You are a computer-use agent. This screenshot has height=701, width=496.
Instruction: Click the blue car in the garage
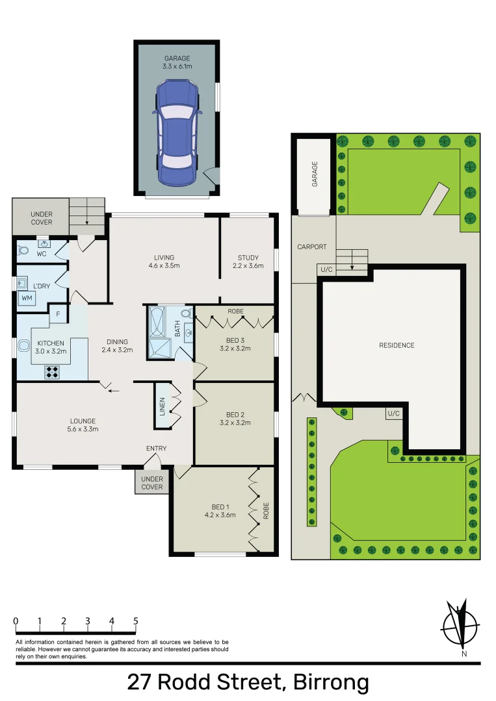(x=177, y=132)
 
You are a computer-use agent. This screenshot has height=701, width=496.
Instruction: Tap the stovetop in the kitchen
(x=53, y=372)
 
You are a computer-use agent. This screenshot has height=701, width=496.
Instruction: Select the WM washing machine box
(x=27, y=298)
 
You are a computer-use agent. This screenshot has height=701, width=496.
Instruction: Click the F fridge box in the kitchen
(x=58, y=314)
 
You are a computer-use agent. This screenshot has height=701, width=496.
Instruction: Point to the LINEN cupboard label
(x=163, y=406)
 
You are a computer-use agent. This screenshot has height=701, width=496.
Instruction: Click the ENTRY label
(x=156, y=449)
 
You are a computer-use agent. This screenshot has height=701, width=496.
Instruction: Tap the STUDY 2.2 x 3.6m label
(x=248, y=262)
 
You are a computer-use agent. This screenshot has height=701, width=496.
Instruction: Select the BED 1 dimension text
(x=220, y=515)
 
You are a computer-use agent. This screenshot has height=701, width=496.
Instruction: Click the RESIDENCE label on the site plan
(x=397, y=345)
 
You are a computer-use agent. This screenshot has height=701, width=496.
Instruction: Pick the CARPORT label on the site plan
(x=312, y=247)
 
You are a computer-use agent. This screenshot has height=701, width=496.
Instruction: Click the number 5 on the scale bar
(x=136, y=621)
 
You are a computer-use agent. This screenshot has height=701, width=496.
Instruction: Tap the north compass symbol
(x=461, y=624)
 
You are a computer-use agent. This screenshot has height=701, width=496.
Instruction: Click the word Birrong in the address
(x=331, y=683)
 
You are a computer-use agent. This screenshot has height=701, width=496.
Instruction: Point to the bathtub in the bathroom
(x=157, y=321)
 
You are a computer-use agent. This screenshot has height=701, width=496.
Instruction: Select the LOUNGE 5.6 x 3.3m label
(x=83, y=425)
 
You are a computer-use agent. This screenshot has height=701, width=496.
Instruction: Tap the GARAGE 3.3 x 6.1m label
(x=177, y=62)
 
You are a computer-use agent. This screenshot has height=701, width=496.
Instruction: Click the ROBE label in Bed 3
(x=235, y=311)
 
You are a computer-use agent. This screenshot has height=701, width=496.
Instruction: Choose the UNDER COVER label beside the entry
(x=152, y=483)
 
